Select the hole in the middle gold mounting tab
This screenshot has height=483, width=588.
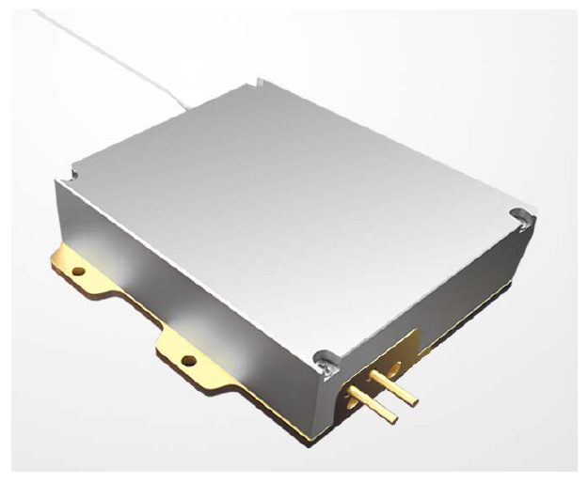coord(189,359)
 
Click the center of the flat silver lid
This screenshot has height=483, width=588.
coord(301,207)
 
